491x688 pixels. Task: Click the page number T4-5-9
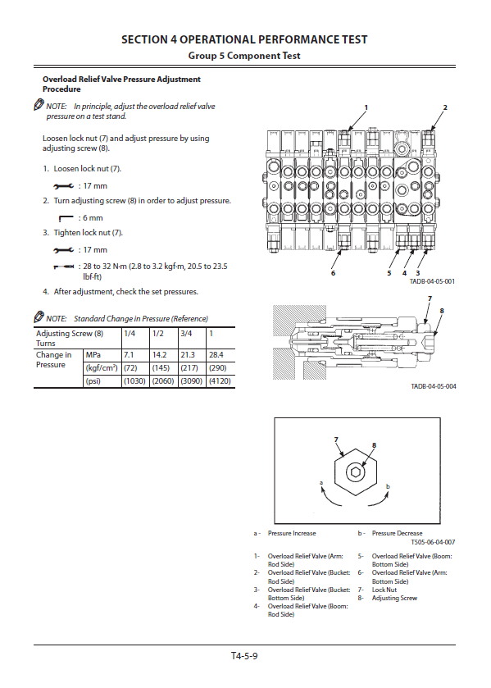(x=244, y=656)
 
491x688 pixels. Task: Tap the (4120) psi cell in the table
(x=220, y=380)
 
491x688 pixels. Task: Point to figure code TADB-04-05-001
(x=432, y=281)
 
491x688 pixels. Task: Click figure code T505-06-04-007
(x=433, y=542)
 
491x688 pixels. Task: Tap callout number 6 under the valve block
(x=333, y=273)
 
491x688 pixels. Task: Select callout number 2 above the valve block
(x=445, y=107)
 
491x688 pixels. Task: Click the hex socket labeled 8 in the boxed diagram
(x=355, y=472)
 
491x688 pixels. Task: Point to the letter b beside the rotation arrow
(x=388, y=486)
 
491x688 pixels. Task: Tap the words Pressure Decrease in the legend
(x=397, y=534)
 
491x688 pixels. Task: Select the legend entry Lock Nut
(x=384, y=590)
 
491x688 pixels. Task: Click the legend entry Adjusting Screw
(x=394, y=598)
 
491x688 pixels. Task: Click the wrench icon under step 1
(x=64, y=186)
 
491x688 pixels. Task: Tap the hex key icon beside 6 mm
(x=66, y=218)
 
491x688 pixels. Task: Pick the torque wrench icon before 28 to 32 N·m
(x=64, y=267)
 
